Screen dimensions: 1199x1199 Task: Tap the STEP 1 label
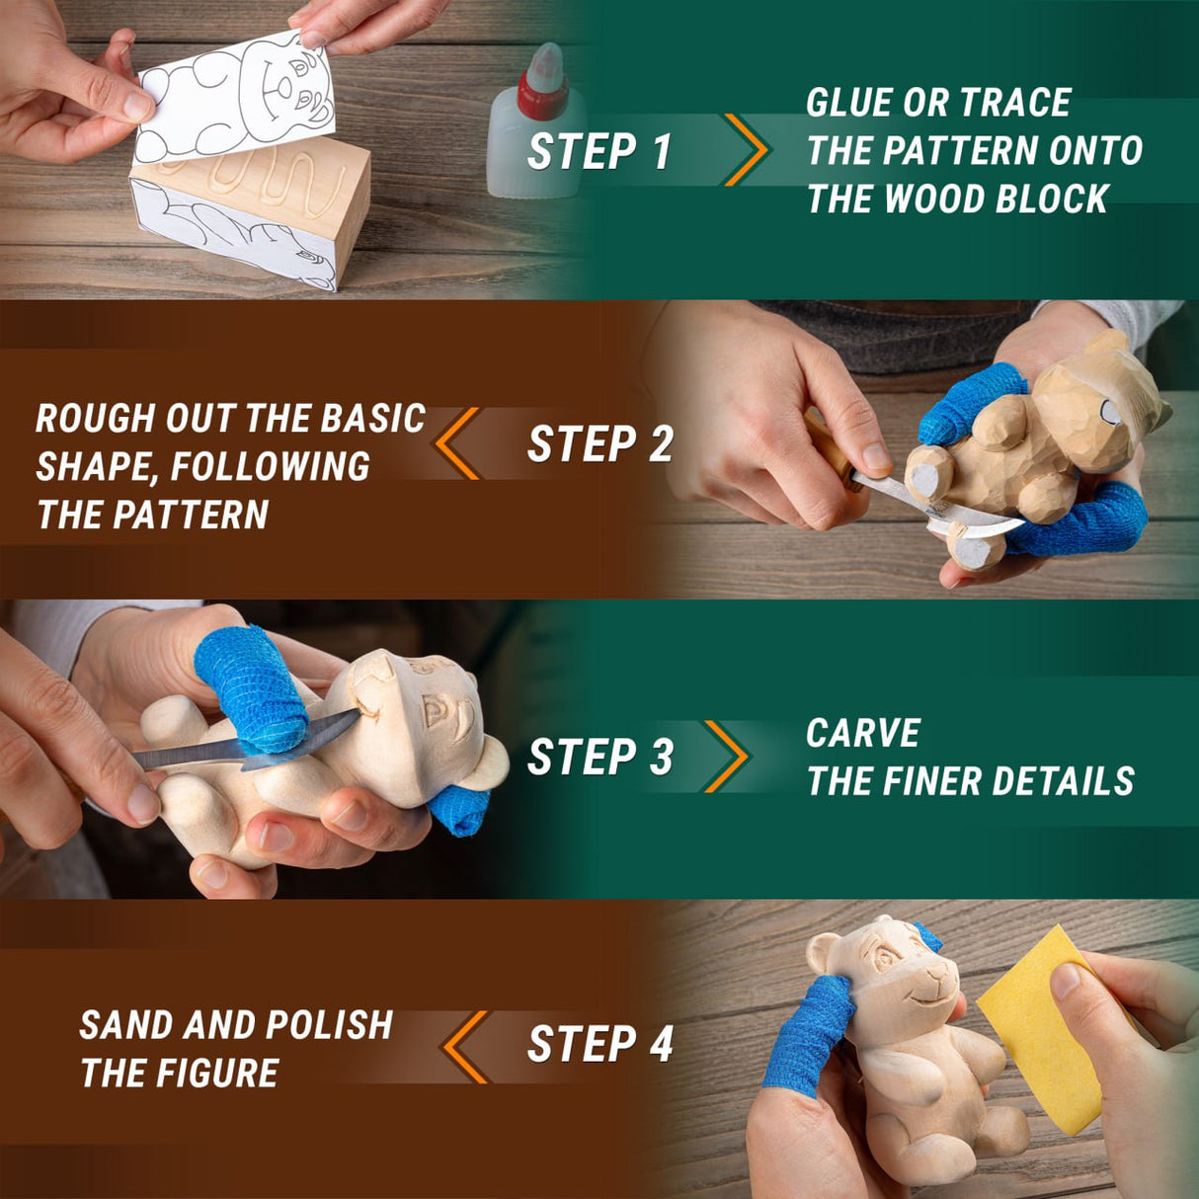point(599,152)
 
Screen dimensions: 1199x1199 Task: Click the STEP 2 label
point(599,444)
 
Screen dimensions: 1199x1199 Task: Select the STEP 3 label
point(599,758)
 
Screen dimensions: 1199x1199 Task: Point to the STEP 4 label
point(599,1045)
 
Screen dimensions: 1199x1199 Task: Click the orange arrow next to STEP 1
point(747,150)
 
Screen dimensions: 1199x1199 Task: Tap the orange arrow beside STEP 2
point(457,443)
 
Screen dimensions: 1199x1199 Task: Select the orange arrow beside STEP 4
point(464,1045)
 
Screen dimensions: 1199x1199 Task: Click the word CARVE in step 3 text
point(862,734)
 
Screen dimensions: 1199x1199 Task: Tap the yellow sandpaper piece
point(1042,1027)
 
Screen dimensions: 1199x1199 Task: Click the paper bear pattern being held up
point(237,99)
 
